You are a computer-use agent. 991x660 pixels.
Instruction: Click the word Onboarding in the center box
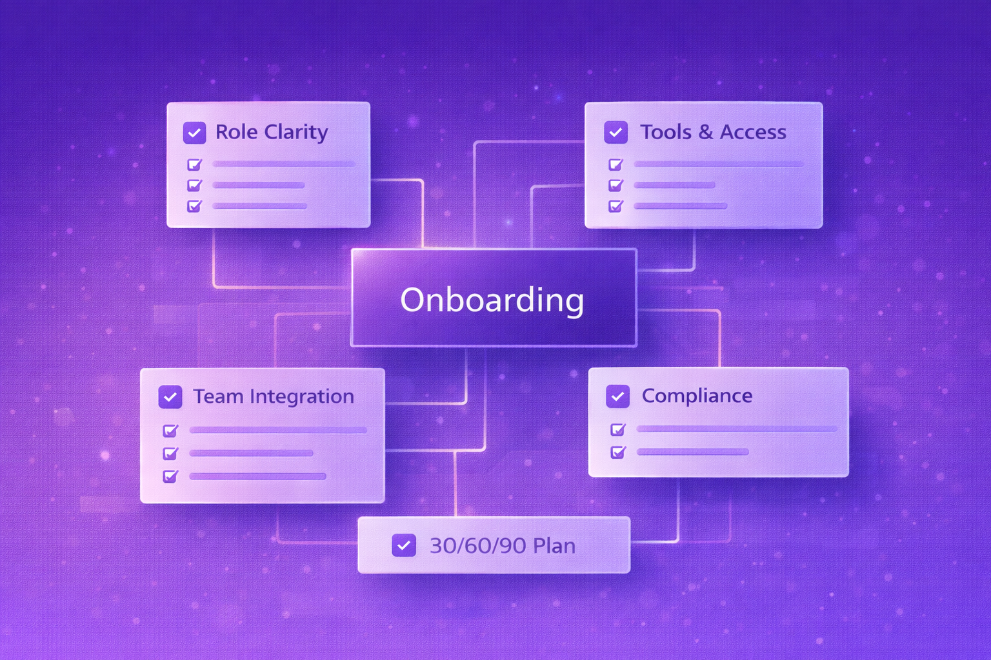click(492, 300)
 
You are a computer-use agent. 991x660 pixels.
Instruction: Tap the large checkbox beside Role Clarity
click(194, 133)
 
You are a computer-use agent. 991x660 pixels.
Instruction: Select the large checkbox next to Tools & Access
click(616, 133)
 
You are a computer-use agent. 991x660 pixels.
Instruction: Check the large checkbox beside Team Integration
click(170, 397)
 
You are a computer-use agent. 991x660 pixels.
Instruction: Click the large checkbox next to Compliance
click(617, 396)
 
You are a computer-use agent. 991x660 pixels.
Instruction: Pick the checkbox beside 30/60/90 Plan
click(404, 546)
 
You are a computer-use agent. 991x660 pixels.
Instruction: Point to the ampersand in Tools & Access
click(706, 132)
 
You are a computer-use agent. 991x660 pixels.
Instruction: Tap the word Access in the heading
click(753, 132)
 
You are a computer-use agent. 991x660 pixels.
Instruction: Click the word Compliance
click(697, 396)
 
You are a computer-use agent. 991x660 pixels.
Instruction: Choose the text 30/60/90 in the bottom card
click(477, 546)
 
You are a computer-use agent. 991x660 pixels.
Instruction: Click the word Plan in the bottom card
click(554, 546)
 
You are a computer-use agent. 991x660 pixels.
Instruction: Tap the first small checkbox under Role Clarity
click(194, 165)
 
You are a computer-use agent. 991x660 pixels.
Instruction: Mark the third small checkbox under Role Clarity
click(194, 206)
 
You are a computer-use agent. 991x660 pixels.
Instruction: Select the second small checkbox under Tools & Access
click(616, 186)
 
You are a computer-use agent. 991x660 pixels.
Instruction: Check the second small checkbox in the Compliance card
click(617, 452)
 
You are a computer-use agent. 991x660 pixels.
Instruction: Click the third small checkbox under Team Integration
click(170, 477)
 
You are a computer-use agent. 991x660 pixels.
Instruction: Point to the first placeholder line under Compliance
click(736, 429)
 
